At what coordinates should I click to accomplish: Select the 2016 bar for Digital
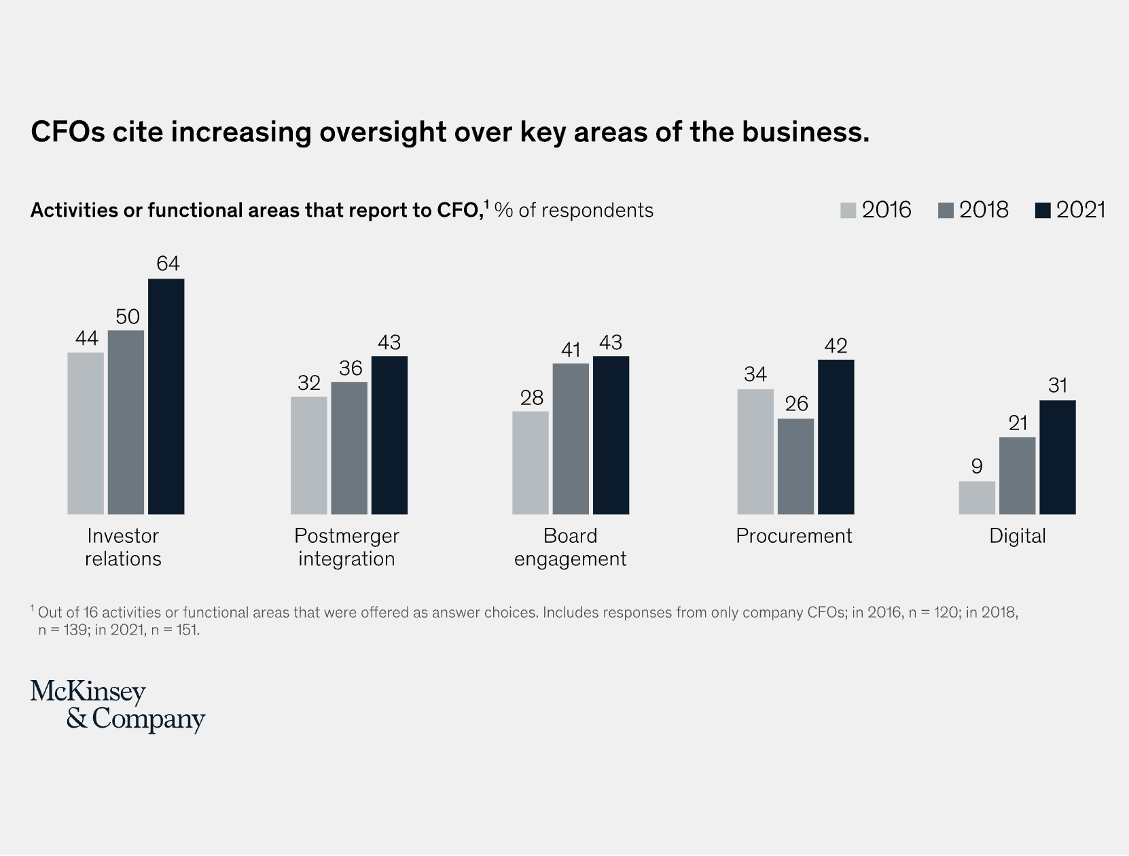pyautogui.click(x=977, y=497)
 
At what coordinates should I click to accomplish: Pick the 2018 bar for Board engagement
pyautogui.click(x=571, y=439)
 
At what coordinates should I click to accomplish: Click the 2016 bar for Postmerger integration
pyautogui.click(x=309, y=455)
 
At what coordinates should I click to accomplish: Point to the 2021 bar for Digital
pyautogui.click(x=1058, y=457)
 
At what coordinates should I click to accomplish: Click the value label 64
pyautogui.click(x=168, y=264)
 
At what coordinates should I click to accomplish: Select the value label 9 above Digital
pyautogui.click(x=977, y=466)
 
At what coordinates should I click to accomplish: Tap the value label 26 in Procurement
pyautogui.click(x=796, y=404)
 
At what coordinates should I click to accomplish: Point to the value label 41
pyautogui.click(x=571, y=350)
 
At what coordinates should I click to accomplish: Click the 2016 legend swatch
pyautogui.click(x=848, y=211)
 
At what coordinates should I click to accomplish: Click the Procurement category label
pyautogui.click(x=793, y=536)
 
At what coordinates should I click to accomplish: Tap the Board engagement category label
pyautogui.click(x=570, y=548)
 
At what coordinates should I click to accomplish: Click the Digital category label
pyautogui.click(x=1017, y=536)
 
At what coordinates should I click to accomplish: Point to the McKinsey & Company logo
pyautogui.click(x=118, y=706)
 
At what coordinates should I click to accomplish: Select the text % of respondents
pyautogui.click(x=574, y=211)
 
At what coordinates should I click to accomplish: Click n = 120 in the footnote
pyautogui.click(x=931, y=613)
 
